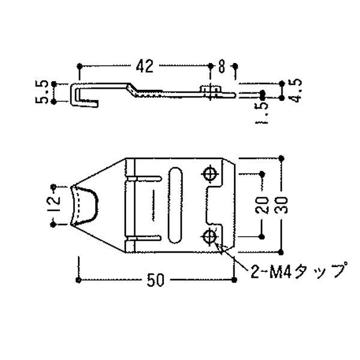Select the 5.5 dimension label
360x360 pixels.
pos(41,92)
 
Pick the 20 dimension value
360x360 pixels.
pos(262,205)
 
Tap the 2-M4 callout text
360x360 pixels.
pos(298,271)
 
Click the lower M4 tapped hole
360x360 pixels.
pos(210,236)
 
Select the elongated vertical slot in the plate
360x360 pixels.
pos(174,205)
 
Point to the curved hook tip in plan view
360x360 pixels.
pos(84,205)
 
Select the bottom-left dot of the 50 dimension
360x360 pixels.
pos(79,280)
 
